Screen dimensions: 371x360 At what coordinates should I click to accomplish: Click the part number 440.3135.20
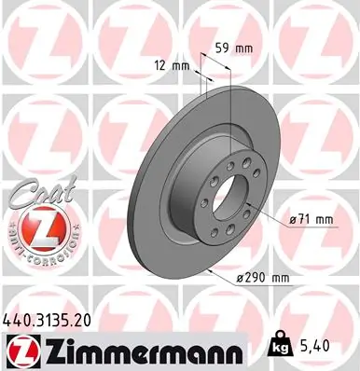point(54,318)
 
